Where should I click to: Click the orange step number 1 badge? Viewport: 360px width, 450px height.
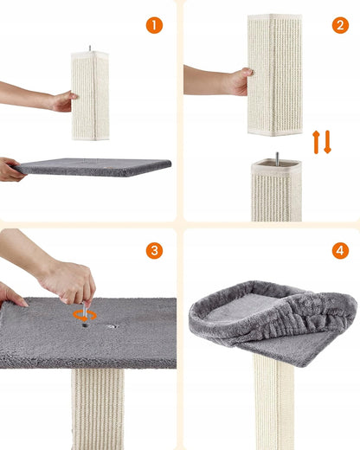click(x=154, y=25)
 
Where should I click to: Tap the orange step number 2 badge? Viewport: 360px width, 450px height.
click(x=340, y=25)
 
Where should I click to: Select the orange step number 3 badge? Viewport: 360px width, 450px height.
click(x=154, y=250)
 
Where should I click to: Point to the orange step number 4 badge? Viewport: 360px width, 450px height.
click(x=340, y=250)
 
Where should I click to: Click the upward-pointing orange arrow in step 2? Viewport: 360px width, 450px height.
click(x=316, y=142)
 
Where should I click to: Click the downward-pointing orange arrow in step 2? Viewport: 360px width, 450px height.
click(x=327, y=142)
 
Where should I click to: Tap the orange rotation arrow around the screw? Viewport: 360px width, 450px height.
click(x=85, y=316)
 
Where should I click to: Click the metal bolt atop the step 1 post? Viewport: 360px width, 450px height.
click(x=90, y=48)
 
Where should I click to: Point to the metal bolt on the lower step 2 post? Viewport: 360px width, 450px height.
click(x=277, y=159)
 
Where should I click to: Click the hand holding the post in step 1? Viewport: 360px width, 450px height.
click(x=62, y=101)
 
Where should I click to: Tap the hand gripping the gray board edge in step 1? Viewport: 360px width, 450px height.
click(x=11, y=170)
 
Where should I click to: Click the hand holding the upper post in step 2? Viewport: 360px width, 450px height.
click(x=238, y=81)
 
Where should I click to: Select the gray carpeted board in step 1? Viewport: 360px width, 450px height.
click(x=93, y=167)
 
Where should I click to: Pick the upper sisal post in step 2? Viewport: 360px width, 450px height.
click(x=275, y=74)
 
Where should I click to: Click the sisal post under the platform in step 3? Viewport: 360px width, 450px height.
click(x=98, y=409)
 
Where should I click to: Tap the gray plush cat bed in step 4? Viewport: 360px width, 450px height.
click(x=273, y=322)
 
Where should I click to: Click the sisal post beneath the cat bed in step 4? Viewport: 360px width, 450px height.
click(x=273, y=402)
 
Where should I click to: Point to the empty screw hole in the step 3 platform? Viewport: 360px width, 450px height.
click(x=112, y=326)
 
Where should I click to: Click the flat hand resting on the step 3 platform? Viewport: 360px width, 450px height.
click(x=12, y=294)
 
